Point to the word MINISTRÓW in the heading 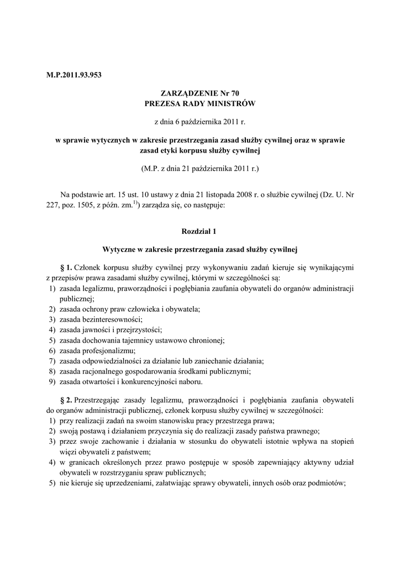point(233,103)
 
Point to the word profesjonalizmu point(110,350)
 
